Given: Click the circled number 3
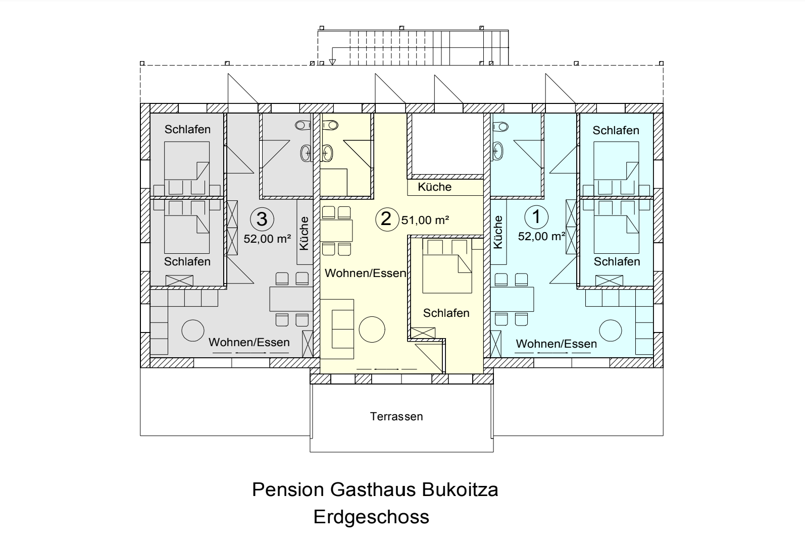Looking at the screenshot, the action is (262, 219).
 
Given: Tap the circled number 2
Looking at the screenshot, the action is (387, 219).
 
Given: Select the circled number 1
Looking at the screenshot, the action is (536, 217).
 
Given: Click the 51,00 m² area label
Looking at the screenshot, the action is (425, 220).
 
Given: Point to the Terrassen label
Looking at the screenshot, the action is (396, 416).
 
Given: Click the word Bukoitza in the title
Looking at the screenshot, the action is (460, 489).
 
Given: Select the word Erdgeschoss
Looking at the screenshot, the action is (371, 517).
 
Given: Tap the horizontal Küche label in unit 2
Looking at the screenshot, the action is (434, 187).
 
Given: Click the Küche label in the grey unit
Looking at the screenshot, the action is (304, 233).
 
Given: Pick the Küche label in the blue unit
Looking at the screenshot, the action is (498, 232).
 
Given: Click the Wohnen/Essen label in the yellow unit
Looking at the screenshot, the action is (366, 273).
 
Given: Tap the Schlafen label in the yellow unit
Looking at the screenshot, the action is (446, 313).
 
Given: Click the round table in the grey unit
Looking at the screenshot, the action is (193, 331).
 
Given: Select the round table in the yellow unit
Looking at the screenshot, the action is (372, 329).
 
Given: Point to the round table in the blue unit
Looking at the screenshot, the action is (611, 331).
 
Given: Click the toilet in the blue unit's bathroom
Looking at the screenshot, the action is (500, 127).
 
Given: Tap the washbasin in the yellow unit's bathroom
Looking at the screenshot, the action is (327, 153).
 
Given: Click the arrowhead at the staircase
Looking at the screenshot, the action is (332, 62).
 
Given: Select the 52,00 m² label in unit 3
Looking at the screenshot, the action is (267, 239).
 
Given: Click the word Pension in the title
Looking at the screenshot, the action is (288, 489).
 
